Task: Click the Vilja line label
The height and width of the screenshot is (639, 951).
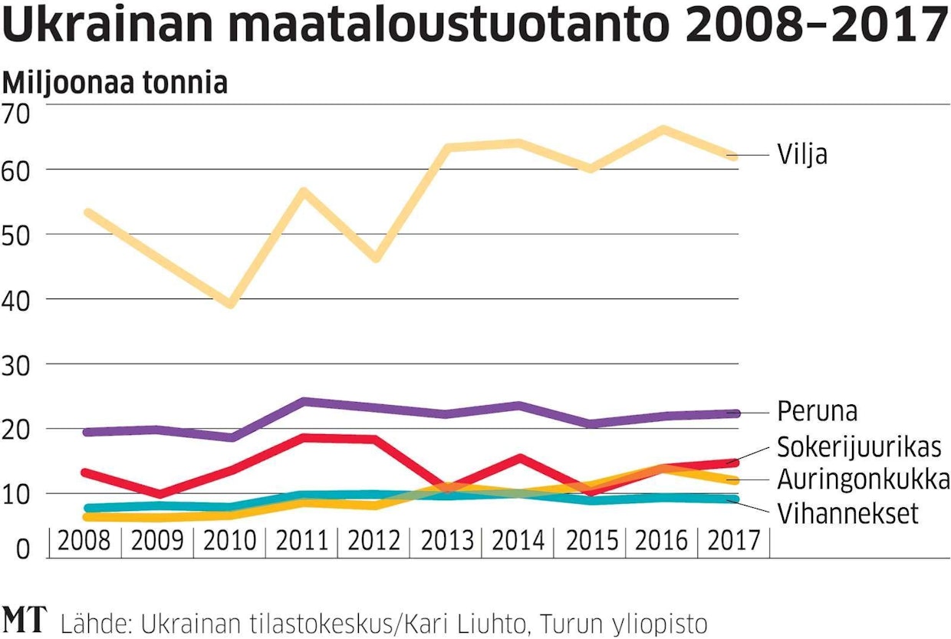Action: click(802, 155)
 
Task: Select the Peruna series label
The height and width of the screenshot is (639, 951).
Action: click(817, 411)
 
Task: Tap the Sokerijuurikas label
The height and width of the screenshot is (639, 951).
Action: click(859, 446)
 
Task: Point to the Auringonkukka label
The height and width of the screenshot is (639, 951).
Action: click(864, 480)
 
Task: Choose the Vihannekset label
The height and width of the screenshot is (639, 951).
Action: click(847, 513)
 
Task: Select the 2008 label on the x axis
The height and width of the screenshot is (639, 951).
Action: click(84, 542)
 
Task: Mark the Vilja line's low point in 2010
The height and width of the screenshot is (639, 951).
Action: click(230, 304)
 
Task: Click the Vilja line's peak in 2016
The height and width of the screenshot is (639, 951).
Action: click(663, 129)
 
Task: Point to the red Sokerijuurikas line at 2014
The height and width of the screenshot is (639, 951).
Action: click(520, 458)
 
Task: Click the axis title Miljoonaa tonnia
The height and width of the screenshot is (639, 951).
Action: click(116, 83)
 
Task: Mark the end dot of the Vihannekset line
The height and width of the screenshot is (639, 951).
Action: click(733, 499)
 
